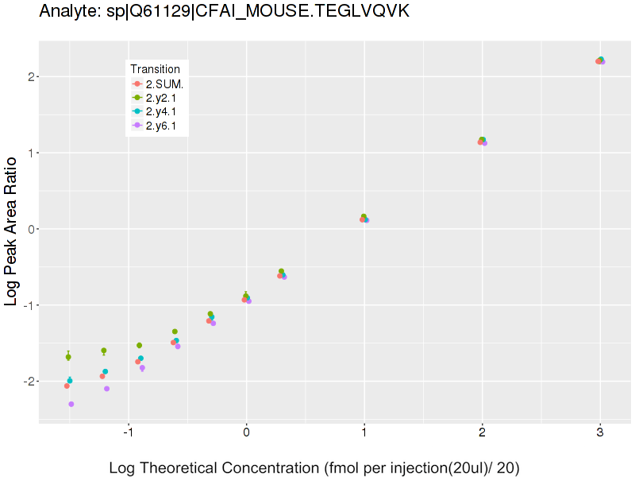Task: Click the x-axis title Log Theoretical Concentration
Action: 314,467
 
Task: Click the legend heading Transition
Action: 155,69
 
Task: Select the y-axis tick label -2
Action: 27,382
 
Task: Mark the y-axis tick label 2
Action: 29,76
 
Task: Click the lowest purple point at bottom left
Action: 71,404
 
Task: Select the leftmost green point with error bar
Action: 68,357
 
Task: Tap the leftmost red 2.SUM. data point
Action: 67,386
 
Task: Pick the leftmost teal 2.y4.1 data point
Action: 70,381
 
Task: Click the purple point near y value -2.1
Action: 106,389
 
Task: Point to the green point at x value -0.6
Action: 175,332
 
